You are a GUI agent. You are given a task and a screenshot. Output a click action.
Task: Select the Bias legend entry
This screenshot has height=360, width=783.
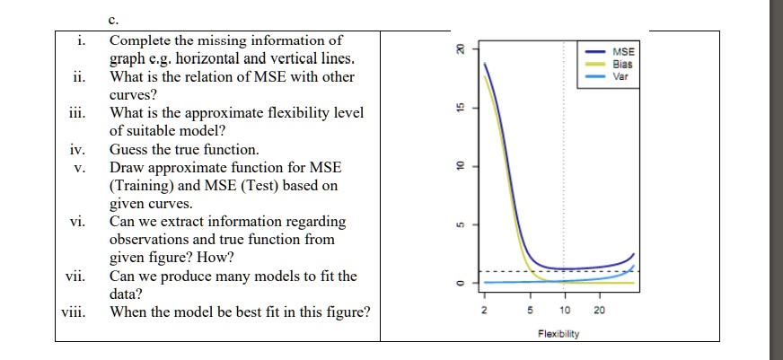pyautogui.click(x=622, y=65)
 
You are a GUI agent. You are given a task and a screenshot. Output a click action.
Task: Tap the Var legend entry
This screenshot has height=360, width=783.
pyautogui.click(x=621, y=76)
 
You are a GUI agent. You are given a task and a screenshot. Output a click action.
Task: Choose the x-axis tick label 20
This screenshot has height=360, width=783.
pyautogui.click(x=600, y=310)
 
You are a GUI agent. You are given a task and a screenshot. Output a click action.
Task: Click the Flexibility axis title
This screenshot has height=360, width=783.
pyautogui.click(x=559, y=334)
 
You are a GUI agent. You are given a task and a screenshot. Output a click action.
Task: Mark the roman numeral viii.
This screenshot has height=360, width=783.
pyautogui.click(x=72, y=312)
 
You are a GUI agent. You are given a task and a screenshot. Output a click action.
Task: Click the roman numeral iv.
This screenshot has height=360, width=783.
pyautogui.click(x=78, y=150)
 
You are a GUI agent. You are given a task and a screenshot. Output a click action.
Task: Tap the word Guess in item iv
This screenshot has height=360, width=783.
pyautogui.click(x=129, y=150)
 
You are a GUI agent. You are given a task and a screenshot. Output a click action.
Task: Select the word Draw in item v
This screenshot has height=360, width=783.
pyautogui.click(x=127, y=168)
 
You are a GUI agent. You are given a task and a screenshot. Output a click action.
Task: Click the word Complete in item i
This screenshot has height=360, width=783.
pyautogui.click(x=139, y=40)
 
